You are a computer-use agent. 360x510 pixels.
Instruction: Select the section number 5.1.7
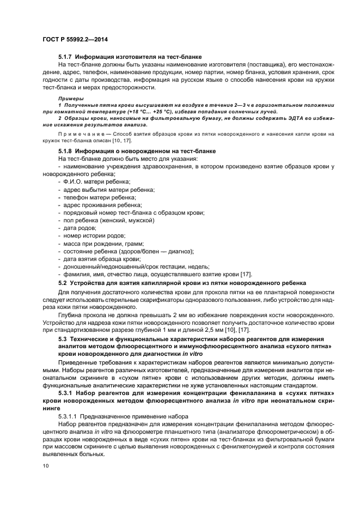[x=65, y=57]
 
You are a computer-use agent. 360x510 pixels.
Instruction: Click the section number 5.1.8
[x=65, y=150]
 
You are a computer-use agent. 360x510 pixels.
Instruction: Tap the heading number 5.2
[x=63, y=282]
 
